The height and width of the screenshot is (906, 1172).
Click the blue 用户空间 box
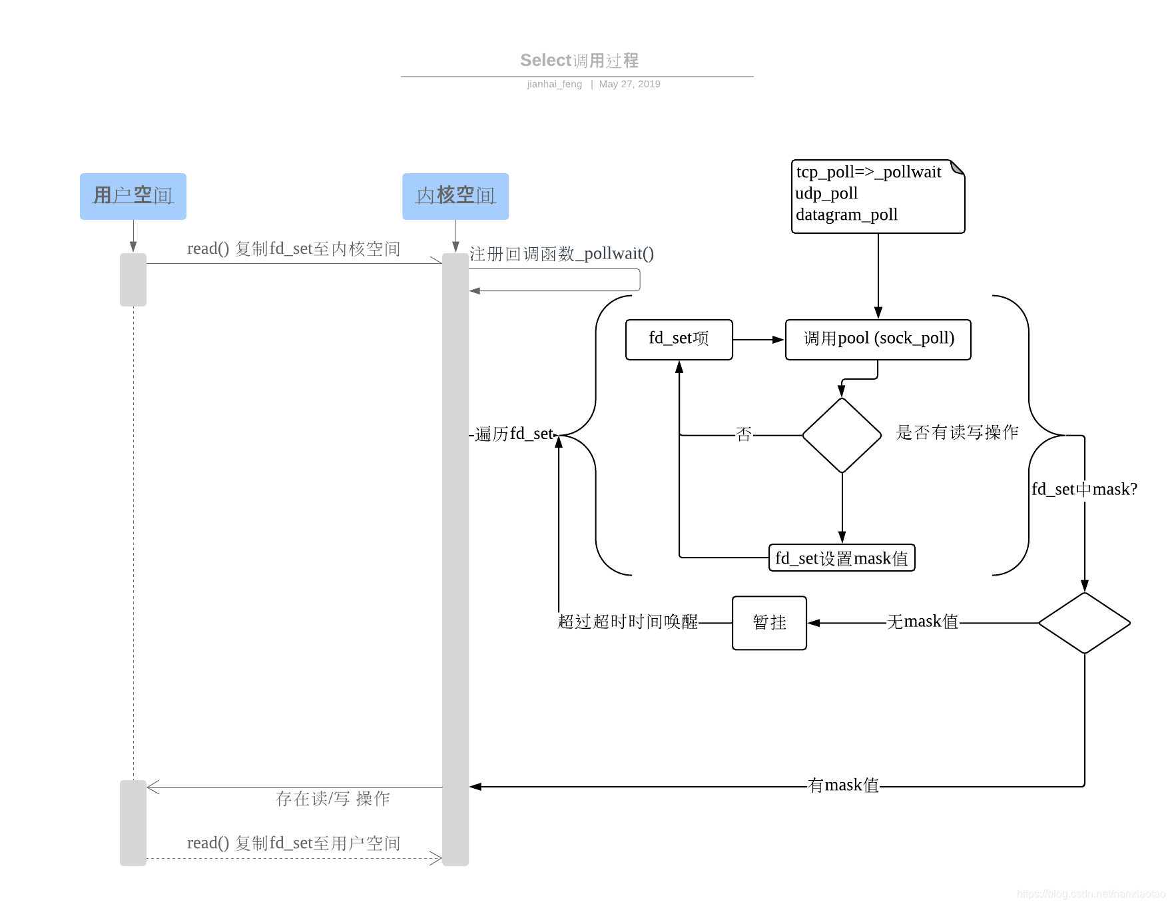[133, 197]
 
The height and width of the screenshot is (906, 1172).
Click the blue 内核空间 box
[455, 197]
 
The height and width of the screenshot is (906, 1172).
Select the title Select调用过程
[579, 61]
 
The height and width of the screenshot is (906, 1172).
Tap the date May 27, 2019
[629, 84]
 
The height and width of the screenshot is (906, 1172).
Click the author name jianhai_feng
[554, 84]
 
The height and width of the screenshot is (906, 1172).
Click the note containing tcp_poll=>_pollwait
[878, 197]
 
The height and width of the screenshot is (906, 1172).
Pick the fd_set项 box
[679, 339]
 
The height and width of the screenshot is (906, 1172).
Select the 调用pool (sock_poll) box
[878, 339]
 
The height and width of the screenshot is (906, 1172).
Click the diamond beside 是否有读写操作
[842, 435]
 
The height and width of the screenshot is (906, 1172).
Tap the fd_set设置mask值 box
[842, 558]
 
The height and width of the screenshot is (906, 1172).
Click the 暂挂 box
[769, 623]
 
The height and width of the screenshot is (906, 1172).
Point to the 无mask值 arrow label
[922, 622]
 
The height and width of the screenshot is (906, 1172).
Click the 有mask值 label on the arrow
[843, 786]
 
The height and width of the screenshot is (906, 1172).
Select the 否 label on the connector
[744, 435]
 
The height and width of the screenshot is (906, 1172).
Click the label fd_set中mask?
[1084, 490]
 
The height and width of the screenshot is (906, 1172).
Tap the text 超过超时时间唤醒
[627, 622]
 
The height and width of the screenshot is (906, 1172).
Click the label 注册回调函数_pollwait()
[561, 254]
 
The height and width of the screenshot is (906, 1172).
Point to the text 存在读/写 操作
[332, 799]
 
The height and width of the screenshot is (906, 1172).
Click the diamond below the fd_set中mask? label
[1084, 623]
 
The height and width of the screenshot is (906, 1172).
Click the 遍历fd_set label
[514, 434]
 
